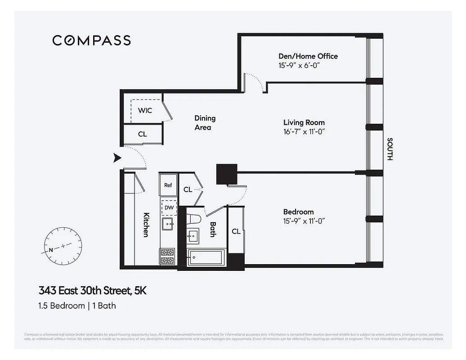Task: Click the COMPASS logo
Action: pyautogui.click(x=91, y=40)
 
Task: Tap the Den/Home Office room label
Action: pyautogui.click(x=308, y=56)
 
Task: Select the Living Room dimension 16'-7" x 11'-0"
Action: pyautogui.click(x=304, y=132)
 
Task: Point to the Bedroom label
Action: pyautogui.click(x=298, y=212)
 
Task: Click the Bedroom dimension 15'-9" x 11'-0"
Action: pyautogui.click(x=304, y=221)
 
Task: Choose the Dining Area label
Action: pyautogui.click(x=205, y=122)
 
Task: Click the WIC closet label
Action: pyautogui.click(x=145, y=111)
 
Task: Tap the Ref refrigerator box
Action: pyautogui.click(x=168, y=185)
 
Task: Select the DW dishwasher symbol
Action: pyautogui.click(x=169, y=207)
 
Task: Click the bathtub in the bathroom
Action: pyautogui.click(x=205, y=258)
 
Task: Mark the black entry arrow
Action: pyautogui.click(x=117, y=157)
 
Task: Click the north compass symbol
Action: pyautogui.click(x=63, y=247)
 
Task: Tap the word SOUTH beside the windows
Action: pyautogui.click(x=390, y=149)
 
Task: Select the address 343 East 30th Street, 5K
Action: pyautogui.click(x=92, y=291)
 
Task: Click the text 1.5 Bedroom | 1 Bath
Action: pyautogui.click(x=77, y=306)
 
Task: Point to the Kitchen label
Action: pyautogui.click(x=146, y=225)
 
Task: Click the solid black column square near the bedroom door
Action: pyautogui.click(x=226, y=174)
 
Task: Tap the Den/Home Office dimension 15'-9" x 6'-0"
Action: pyautogui.click(x=301, y=65)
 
